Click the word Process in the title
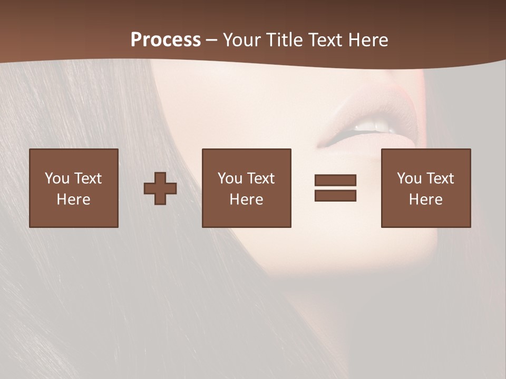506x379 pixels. [166, 40]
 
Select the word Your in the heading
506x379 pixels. [240, 40]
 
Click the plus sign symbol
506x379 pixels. [160, 188]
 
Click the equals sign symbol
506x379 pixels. [335, 188]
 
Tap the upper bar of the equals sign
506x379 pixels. [335, 181]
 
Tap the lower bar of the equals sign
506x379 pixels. [335, 195]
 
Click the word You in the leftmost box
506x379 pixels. [57, 178]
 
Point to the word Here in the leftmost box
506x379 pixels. [73, 200]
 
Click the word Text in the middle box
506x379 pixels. [261, 178]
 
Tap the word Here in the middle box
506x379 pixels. [246, 200]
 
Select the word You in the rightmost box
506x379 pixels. [409, 178]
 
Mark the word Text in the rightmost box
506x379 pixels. [440, 178]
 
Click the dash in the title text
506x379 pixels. [211, 41]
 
